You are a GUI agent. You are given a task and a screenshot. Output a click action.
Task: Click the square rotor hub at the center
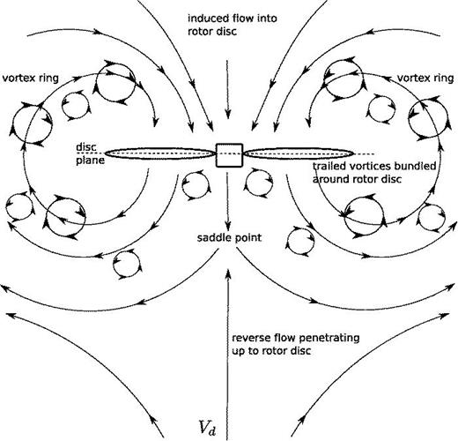[229, 154]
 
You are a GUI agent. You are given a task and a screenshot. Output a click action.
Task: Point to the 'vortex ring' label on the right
[423, 77]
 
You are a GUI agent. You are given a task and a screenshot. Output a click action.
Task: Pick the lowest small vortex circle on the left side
[127, 262]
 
